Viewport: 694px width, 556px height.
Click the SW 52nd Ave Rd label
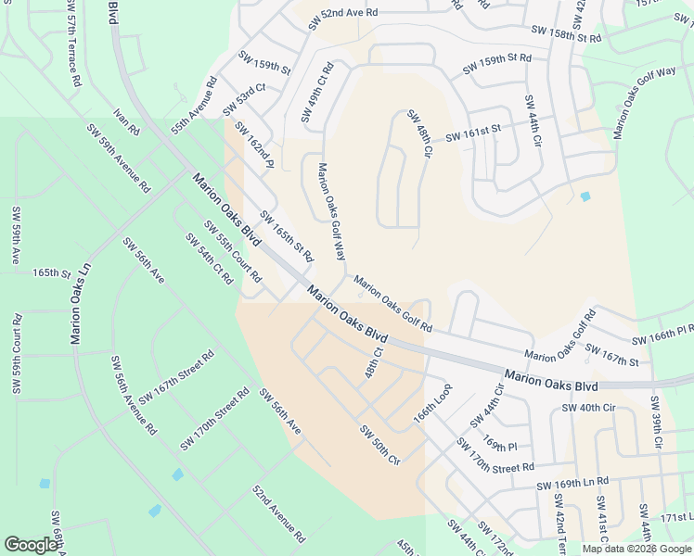336,13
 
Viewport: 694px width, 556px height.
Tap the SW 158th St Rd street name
566,34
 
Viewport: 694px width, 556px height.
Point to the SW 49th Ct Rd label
317,93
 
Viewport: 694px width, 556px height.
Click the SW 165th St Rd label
288,236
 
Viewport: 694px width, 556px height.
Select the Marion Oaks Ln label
81,301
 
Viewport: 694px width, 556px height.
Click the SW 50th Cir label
379,445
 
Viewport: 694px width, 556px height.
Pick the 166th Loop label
432,404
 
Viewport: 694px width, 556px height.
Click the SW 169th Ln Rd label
572,483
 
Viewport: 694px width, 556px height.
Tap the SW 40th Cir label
589,407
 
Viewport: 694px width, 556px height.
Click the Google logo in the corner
32,545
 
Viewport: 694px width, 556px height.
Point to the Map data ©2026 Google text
636,549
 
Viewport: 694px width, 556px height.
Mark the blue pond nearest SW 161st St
585,196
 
